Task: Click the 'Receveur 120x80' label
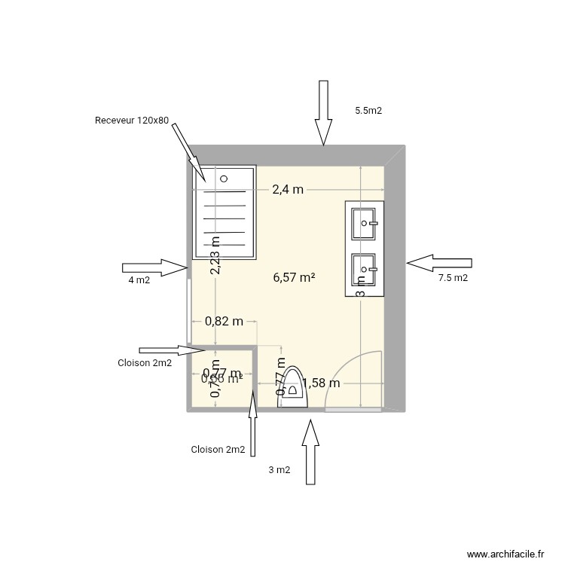tap(132, 121)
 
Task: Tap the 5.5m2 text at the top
tap(368, 111)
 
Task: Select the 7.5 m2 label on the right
tap(453, 278)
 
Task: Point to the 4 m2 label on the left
tap(139, 281)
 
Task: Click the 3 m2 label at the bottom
tap(279, 470)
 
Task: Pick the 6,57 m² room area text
tap(294, 277)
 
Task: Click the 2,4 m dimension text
tap(288, 190)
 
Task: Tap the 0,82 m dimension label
tap(224, 321)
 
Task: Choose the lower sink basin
tap(365, 267)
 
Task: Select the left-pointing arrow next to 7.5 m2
tap(438, 263)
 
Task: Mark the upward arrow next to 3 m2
tap(309, 451)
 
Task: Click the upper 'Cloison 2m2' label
tap(145, 363)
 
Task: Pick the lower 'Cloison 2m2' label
tap(218, 450)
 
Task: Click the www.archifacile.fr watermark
tap(505, 553)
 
